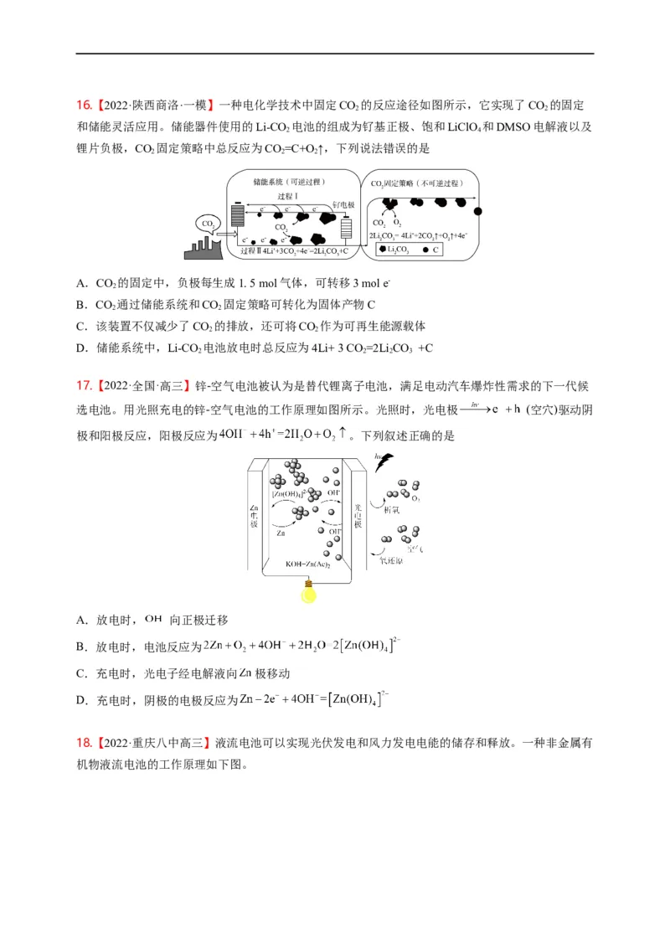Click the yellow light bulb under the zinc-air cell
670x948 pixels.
[310, 590]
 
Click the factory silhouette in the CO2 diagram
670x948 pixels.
[204, 248]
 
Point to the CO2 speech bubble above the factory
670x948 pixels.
[208, 224]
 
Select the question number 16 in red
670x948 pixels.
[83, 106]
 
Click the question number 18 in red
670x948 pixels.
[83, 743]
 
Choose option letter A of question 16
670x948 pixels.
[81, 283]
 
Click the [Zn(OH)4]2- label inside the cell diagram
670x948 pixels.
[289, 493]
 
